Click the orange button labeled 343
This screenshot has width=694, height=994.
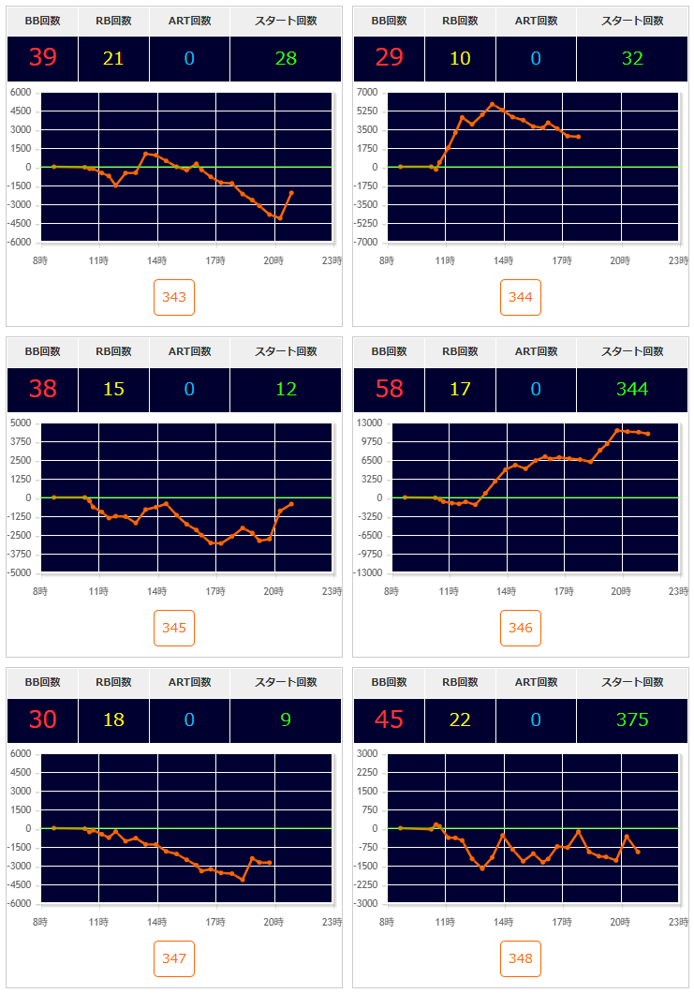click(174, 298)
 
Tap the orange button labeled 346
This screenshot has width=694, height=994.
click(521, 629)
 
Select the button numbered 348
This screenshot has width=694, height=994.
click(521, 958)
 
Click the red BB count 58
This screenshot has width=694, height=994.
click(389, 389)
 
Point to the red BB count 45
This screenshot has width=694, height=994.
click(389, 720)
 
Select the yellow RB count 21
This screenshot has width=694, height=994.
click(113, 59)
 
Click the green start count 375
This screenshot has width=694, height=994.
click(632, 720)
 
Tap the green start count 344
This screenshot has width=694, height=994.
click(632, 389)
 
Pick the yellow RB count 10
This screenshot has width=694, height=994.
click(460, 59)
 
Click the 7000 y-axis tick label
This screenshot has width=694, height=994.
click(367, 92)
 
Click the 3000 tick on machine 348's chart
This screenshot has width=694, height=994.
click(367, 753)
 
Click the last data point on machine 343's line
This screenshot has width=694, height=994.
click(291, 192)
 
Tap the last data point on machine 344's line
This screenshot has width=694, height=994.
click(579, 137)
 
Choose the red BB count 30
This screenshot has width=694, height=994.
click(42, 720)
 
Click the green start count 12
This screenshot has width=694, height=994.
click(286, 389)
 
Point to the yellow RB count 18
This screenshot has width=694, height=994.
click(113, 720)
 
